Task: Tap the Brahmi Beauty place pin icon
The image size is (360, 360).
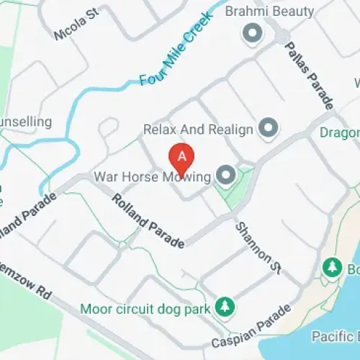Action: (252, 32)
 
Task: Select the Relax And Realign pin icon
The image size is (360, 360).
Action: (269, 129)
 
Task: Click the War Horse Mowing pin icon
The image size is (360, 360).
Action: (227, 175)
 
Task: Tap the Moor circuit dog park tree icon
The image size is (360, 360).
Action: (225, 307)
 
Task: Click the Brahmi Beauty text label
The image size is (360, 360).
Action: (270, 12)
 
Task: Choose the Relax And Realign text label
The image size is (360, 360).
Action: (198, 130)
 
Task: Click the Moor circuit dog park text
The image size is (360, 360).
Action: (145, 308)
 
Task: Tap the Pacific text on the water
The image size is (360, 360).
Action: (335, 336)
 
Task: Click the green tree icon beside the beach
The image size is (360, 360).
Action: (333, 267)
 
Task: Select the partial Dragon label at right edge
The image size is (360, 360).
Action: (340, 133)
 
